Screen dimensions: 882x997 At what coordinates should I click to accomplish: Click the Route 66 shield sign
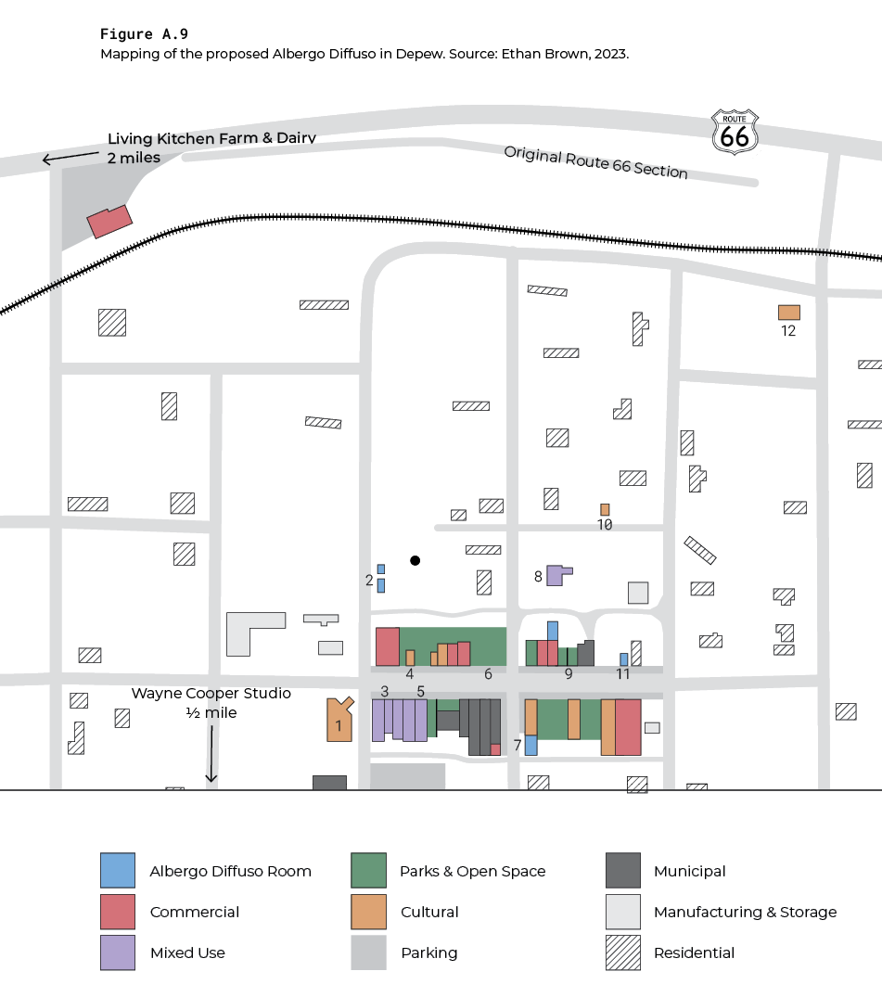coord(735,131)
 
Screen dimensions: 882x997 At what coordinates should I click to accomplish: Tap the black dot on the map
coord(415,560)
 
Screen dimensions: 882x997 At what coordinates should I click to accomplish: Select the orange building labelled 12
coord(789,313)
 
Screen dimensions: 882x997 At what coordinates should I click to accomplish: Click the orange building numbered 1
coord(339,720)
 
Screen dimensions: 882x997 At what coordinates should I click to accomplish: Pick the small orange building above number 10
coord(605,509)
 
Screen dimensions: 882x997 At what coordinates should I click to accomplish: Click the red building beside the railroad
coord(109,221)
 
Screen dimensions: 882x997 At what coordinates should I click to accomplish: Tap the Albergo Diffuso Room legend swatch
coord(118,871)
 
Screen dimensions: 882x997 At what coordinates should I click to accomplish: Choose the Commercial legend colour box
coord(118,912)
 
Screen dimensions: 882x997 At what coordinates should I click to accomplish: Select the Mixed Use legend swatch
coord(118,952)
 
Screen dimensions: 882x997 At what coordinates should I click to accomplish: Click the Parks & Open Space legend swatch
coord(368,871)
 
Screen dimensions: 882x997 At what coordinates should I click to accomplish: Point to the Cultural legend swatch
coord(368,912)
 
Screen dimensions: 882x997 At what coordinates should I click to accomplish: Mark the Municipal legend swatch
coord(622,871)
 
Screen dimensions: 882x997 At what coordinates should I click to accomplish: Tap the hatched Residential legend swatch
coord(622,952)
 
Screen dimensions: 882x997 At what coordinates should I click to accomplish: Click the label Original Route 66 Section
coord(595,162)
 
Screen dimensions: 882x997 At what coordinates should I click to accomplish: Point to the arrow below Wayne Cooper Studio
coord(211,753)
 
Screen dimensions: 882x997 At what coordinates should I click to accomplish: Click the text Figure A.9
coord(144,34)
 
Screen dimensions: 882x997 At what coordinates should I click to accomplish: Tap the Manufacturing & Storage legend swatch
coord(622,912)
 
